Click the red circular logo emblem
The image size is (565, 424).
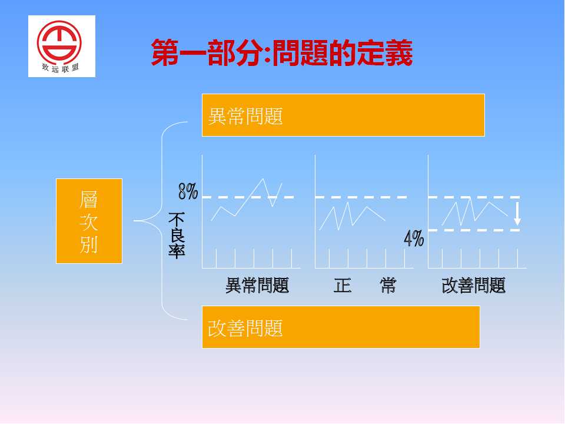59,42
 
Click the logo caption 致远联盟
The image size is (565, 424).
60,68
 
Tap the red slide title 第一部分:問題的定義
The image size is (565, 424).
282,52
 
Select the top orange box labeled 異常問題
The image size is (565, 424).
343,115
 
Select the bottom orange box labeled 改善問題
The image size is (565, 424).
341,327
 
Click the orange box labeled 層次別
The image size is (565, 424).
89,221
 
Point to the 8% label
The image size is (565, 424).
188,191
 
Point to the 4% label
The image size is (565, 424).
414,238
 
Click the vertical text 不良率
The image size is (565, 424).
177,235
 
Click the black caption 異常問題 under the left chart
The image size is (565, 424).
257,286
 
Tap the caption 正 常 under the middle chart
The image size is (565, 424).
365,286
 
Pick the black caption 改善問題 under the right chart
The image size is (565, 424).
473,286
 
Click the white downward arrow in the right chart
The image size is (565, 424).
517,213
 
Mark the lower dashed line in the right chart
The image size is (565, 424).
474,230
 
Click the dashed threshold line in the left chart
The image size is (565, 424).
248,197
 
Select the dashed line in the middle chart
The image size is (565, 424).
361,197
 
